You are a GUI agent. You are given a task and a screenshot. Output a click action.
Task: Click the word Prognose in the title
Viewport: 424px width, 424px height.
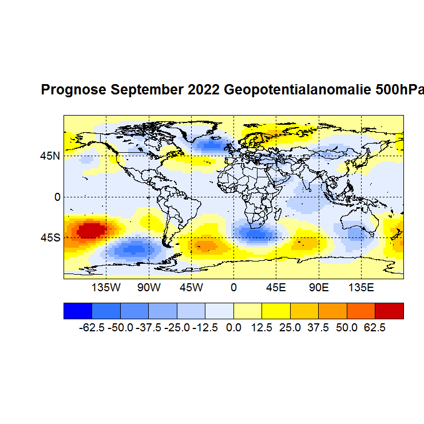pos(73,90)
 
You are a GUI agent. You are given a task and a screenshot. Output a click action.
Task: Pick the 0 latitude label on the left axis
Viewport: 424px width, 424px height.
pos(57,197)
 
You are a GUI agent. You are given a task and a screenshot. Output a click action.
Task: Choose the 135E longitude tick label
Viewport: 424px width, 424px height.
pos(362,287)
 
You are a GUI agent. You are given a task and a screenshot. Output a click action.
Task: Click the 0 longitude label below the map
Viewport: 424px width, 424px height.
pos(233,287)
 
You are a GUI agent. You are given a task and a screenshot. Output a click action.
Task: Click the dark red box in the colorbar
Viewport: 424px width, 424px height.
pos(389,311)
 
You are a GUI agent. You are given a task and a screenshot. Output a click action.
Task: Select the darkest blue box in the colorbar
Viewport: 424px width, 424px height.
pos(77,311)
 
